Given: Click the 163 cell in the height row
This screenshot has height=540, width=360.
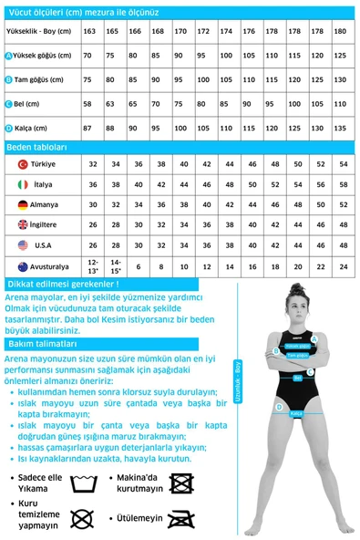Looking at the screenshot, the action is [89, 32].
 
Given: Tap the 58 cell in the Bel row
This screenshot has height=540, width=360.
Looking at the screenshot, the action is [89, 104].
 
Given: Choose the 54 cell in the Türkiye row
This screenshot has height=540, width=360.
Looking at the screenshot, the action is [343, 164].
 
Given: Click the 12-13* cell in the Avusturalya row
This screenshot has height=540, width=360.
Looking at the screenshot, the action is [93, 266].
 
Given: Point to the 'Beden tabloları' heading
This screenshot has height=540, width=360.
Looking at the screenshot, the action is [36, 146].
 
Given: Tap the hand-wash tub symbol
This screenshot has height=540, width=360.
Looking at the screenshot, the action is [83, 482].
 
